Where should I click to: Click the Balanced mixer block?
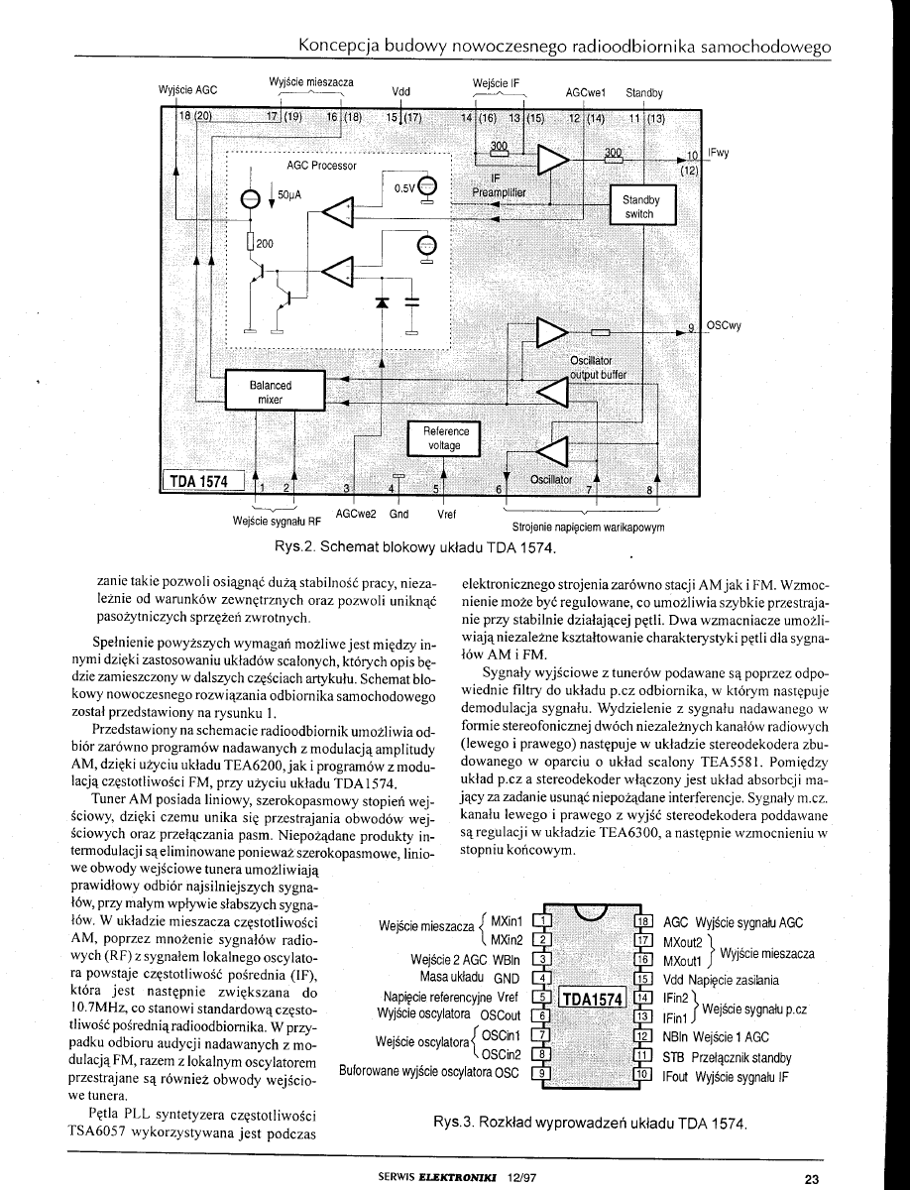pos(271,392)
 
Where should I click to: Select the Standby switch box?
pos(639,206)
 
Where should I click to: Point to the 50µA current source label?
pos(288,196)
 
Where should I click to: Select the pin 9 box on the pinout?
pos(541,1073)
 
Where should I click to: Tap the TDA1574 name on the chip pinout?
pos(591,997)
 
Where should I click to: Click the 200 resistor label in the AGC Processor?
pos(265,243)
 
